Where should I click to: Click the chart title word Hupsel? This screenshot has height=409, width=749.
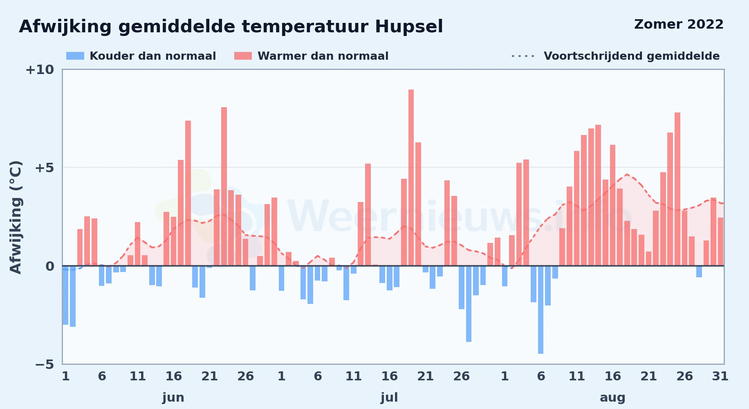coord(409,27)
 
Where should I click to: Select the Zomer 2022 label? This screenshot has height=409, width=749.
coord(679,24)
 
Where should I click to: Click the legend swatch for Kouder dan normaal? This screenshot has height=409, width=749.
coord(75,56)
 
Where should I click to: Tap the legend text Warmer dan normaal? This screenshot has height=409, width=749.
coord(323,56)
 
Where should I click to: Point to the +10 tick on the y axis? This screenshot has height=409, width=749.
coord(40,70)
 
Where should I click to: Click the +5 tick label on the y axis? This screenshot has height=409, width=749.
coord(44,168)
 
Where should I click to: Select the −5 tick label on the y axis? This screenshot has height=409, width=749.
coord(44,364)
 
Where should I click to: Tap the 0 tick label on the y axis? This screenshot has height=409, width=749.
coord(50,266)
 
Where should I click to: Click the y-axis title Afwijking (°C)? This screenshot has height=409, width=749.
coord(16,217)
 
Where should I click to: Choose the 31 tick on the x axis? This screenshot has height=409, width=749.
coord(720,376)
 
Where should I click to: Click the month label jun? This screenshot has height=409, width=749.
coord(173,398)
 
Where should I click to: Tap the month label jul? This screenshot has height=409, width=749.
coord(389,398)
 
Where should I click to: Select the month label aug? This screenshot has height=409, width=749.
coord(612,398)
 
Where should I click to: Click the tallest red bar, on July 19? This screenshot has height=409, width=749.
coord(411,178)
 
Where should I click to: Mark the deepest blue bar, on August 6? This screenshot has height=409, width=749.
coord(540,310)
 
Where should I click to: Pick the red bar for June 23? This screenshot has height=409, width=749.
coord(224,187)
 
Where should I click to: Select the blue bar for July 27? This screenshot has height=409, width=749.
coord(469,304)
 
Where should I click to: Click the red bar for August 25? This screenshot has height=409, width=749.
coord(677,189)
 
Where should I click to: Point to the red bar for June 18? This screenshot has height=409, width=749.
coord(188,193)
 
